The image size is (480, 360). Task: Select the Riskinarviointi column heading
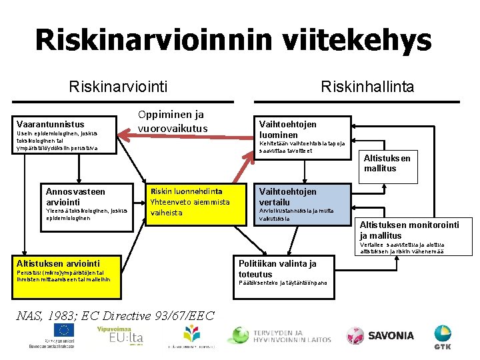(119, 86)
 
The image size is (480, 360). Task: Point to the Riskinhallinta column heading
(367, 86)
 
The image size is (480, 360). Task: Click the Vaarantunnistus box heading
(51, 124)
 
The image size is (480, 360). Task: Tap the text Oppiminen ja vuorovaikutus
(173, 121)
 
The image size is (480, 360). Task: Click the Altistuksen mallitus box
(387, 163)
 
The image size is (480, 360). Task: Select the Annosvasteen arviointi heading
(75, 197)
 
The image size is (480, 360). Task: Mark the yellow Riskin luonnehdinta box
(195, 201)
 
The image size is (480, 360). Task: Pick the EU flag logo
(65, 331)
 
